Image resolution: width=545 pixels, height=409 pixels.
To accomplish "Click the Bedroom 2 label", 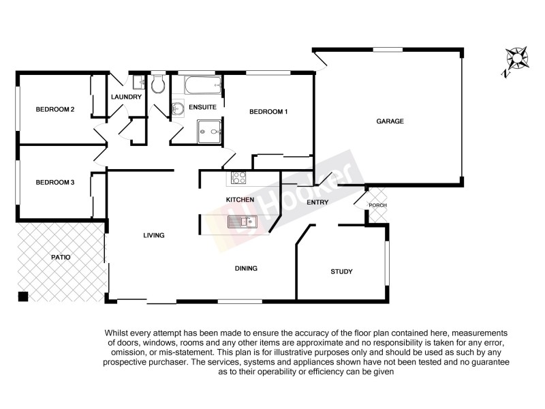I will click(x=55, y=109).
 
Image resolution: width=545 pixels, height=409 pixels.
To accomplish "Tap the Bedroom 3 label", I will click(x=55, y=182).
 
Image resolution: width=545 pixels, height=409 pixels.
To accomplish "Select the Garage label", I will click(x=390, y=121).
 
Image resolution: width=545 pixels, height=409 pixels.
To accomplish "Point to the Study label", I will click(x=341, y=272).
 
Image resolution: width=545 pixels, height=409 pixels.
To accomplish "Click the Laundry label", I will click(x=127, y=97).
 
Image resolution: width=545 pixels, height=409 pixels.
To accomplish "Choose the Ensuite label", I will click(x=202, y=108).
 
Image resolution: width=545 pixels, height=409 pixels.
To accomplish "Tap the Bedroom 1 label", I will click(x=268, y=112).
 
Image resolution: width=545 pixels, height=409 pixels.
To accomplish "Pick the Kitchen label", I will click(x=240, y=200).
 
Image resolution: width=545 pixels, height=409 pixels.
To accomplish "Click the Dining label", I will click(x=246, y=269).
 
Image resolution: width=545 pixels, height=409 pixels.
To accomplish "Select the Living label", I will click(x=154, y=235).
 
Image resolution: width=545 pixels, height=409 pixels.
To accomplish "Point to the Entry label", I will click(x=317, y=202).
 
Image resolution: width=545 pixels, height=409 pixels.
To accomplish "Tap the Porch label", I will click(x=377, y=206).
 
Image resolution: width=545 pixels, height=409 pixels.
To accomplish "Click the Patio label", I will click(x=61, y=258).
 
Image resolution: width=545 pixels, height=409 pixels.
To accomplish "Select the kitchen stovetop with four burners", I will click(x=239, y=179).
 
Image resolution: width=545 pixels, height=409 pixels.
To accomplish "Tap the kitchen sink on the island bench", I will click(x=241, y=221).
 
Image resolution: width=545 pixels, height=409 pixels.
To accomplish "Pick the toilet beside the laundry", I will click(x=158, y=85).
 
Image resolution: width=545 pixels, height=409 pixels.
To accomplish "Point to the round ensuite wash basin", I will click(x=178, y=108).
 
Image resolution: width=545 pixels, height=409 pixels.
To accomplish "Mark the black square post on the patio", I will click(x=23, y=296).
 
